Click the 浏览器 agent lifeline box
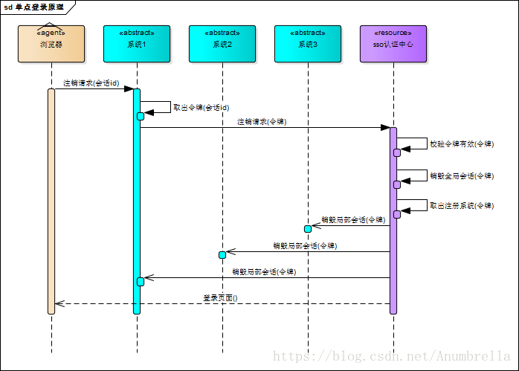[x=51, y=44]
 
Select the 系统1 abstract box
[x=137, y=44]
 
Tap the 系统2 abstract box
[x=222, y=44]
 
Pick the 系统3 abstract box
[x=308, y=44]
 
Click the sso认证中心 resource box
[x=393, y=44]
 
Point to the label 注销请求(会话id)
[x=91, y=83]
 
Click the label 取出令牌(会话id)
[x=201, y=107]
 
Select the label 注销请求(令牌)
[x=262, y=121]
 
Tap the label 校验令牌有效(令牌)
[x=461, y=144]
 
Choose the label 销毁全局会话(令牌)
[x=461, y=176]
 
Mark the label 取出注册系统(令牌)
[x=461, y=205]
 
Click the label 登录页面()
[x=220, y=297]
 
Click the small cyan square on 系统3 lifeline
[x=307, y=228]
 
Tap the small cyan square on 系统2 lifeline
[x=222, y=255]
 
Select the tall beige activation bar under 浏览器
[x=51, y=201]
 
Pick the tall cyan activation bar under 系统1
[x=137, y=201]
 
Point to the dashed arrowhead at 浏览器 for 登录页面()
[x=58, y=303]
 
